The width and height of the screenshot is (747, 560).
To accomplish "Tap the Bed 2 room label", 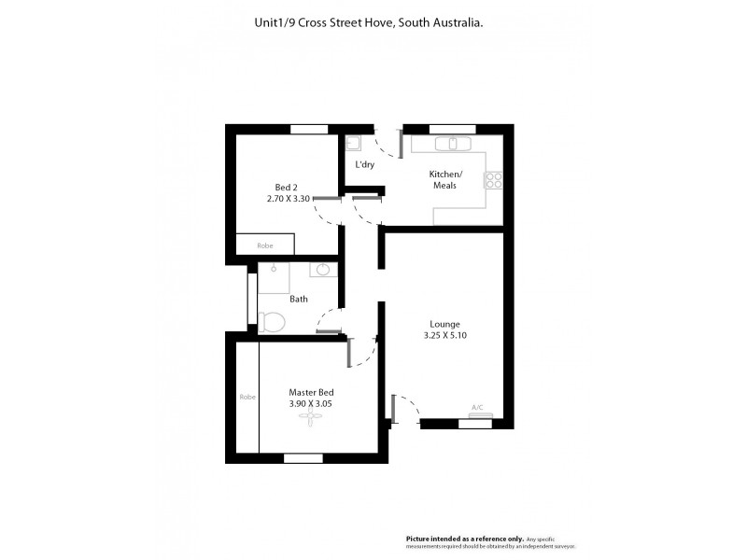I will pos(287,187).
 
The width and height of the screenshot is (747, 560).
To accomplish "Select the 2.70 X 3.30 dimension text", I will pos(288,199).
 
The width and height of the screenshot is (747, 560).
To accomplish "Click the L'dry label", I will pos(364,165).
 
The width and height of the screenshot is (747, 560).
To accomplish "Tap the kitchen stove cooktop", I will pos(494,178).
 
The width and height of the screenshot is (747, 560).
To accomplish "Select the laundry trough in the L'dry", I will pos(353,144).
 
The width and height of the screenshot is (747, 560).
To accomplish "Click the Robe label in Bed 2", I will pos(265,245).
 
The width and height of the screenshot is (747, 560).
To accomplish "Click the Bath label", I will pos(298,300).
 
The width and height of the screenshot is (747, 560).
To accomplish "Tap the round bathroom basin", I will pos(323,271).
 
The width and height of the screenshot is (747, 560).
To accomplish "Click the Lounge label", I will pos(444,324).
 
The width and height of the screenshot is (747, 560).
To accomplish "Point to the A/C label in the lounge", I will pos(476,407).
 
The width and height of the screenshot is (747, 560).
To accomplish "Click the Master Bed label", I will pos(311,392).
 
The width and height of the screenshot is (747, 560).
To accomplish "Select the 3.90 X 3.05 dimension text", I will pos(311,404).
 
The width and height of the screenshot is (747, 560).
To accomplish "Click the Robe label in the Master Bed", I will pos(247,397).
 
